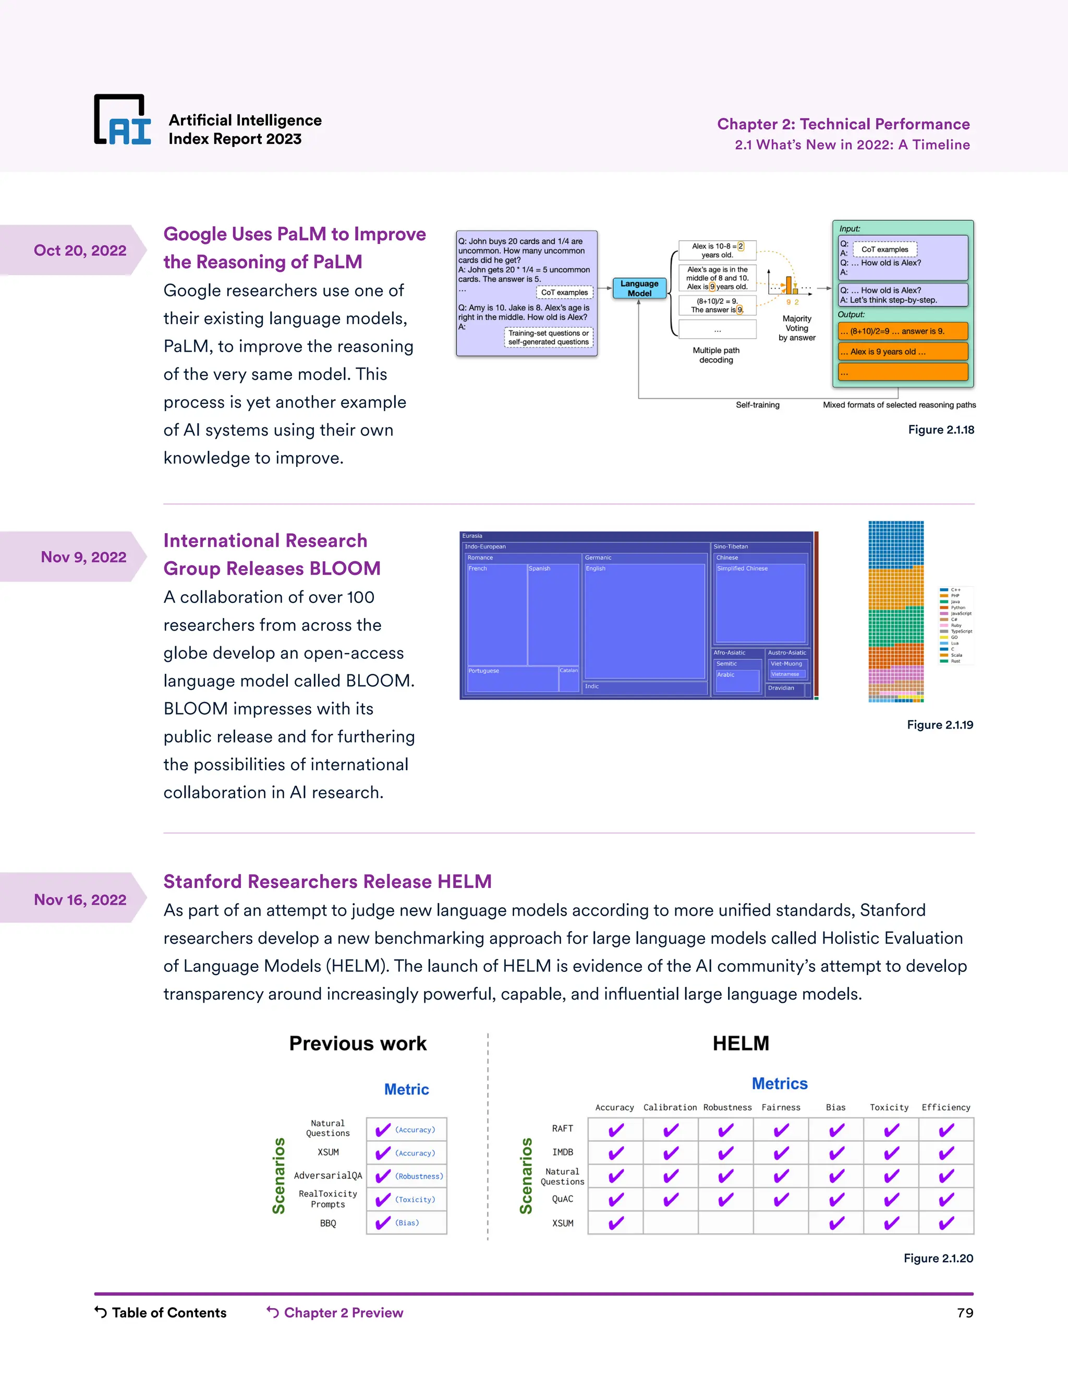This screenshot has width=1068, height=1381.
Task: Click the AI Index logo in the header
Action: (x=123, y=120)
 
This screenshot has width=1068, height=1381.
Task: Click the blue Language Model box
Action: (x=639, y=288)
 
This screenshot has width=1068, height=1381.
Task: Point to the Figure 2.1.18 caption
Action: (x=941, y=430)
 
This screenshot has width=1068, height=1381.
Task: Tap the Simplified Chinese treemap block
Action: (x=760, y=603)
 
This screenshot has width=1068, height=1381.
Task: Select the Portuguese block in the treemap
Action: (x=512, y=679)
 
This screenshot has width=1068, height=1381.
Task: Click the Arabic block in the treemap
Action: (x=737, y=681)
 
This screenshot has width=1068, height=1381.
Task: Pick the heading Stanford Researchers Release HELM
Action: (x=327, y=881)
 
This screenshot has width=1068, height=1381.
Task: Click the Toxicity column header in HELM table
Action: (x=889, y=1107)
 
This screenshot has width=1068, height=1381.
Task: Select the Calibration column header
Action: (x=670, y=1107)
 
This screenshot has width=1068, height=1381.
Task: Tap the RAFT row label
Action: (x=563, y=1129)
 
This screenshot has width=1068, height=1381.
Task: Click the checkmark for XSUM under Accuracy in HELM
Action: (x=616, y=1223)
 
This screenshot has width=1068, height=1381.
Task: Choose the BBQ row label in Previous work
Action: (x=327, y=1223)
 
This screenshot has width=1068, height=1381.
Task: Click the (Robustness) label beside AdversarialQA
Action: (x=419, y=1176)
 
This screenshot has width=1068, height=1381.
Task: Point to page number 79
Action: (x=965, y=1313)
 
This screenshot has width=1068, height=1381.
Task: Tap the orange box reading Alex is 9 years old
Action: (x=903, y=352)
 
